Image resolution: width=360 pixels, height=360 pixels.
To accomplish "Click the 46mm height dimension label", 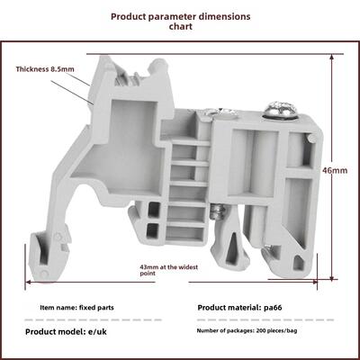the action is coord(335,170).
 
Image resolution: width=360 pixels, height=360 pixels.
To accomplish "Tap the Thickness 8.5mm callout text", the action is coord(45,69).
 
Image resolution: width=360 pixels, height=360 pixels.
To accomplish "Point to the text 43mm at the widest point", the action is coord(169,270).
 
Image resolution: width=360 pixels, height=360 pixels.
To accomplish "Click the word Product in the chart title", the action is coord(127,16).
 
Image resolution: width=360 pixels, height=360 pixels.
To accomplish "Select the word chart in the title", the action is coord(180,26).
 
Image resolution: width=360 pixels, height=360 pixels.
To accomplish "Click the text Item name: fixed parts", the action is coord(76,308).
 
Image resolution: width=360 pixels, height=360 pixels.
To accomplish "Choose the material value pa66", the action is coord(273,308).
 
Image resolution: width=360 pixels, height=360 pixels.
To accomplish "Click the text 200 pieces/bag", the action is coord(276,331).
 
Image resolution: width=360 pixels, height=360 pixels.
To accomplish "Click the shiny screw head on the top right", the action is coord(282,110).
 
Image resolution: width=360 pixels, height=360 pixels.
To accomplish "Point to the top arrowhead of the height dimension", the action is coord(331,58).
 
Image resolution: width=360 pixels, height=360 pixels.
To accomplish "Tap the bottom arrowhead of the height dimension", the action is coord(331,278).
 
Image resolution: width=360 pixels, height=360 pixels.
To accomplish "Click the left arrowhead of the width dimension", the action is coord(29,282).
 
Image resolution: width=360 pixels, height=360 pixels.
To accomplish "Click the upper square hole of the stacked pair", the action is coord(154,209).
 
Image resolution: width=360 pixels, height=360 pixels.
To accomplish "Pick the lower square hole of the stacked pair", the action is coord(152,230).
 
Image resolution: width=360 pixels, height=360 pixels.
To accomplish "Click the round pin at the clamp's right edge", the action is coord(312,138).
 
